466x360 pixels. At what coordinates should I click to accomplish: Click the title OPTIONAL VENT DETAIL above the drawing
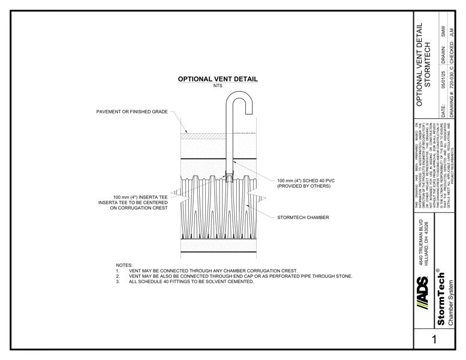click(x=218, y=79)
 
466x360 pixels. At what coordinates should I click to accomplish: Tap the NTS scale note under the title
click(x=218, y=86)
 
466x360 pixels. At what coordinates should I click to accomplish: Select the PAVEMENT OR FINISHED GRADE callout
click(x=132, y=112)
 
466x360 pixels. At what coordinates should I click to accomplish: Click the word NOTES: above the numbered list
click(x=124, y=265)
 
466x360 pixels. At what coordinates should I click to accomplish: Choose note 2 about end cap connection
click(x=240, y=276)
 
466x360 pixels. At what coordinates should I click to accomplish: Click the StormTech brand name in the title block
click(x=441, y=304)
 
